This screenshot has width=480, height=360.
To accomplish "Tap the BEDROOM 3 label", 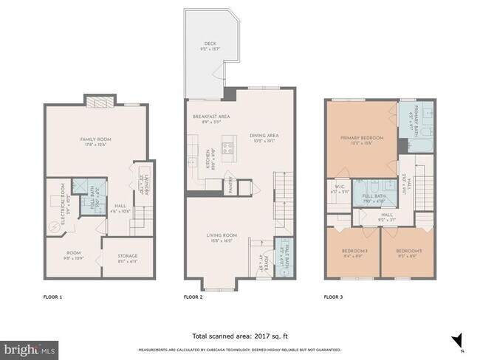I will [x=352, y=253].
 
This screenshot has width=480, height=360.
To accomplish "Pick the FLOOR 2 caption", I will [x=194, y=298].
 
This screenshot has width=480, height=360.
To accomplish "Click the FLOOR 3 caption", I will [x=335, y=298].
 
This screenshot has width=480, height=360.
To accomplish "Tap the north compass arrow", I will [x=459, y=340].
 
